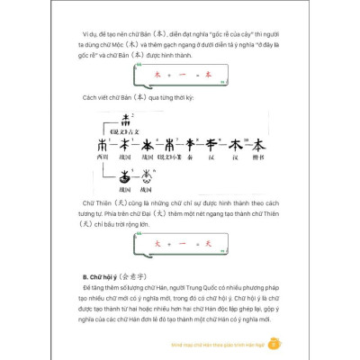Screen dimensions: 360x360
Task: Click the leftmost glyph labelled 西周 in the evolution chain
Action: pyautogui.click(x=100, y=144)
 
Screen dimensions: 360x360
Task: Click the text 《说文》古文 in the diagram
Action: pyautogui.click(x=131, y=130)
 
